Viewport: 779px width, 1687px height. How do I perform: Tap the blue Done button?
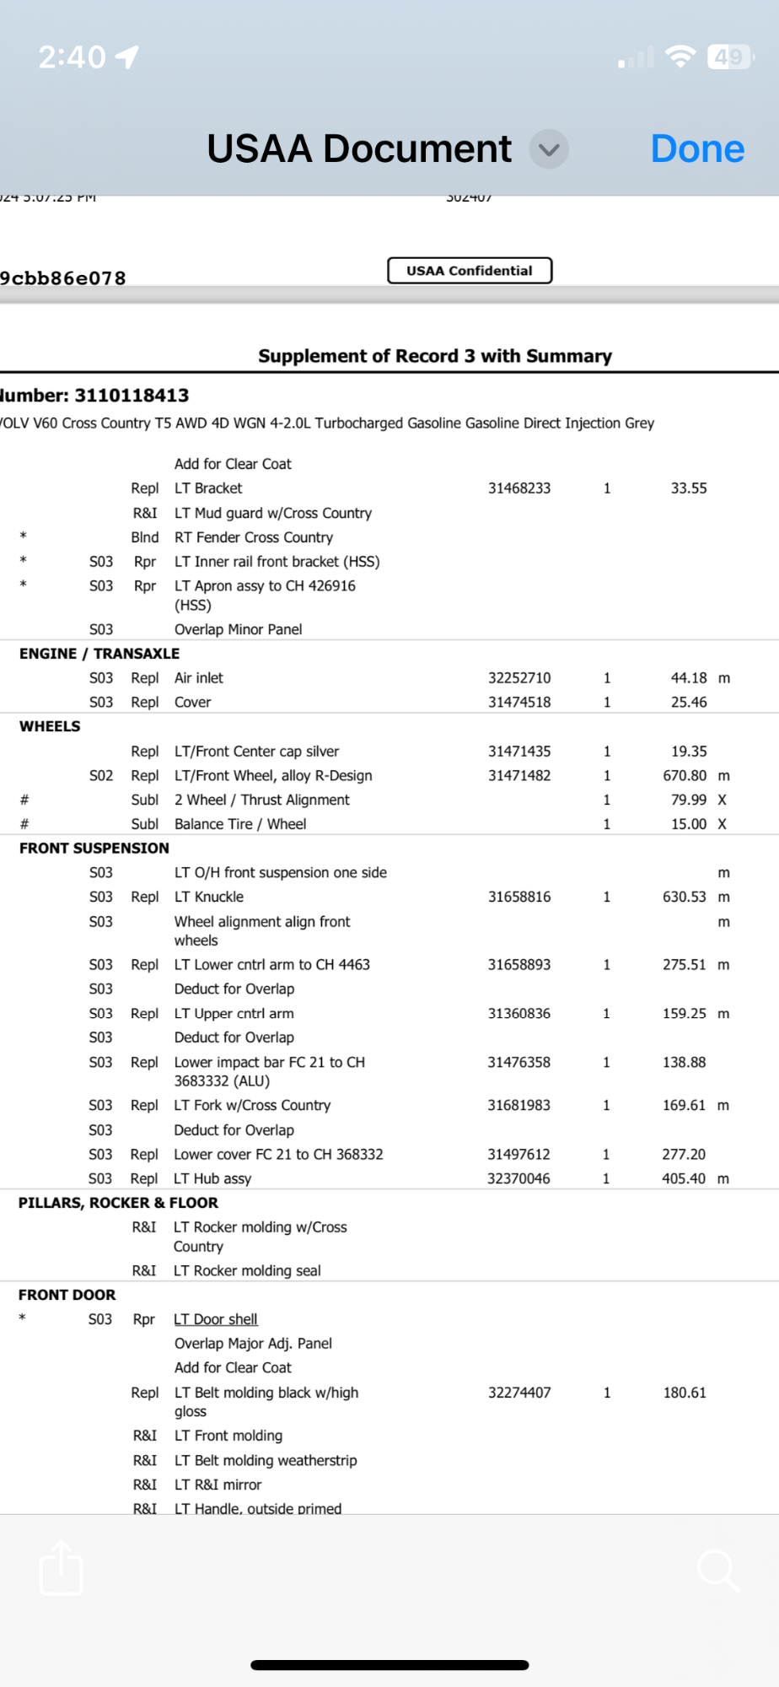[697, 149]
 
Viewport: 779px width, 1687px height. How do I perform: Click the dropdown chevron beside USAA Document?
[549, 149]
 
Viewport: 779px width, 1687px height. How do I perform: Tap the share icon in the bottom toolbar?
[62, 1568]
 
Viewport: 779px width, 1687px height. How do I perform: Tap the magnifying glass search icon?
[718, 1570]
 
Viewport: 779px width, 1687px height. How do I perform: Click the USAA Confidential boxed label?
[470, 271]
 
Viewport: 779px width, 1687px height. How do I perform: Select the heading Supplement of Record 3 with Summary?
[435, 356]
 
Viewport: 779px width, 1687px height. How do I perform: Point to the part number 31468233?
[519, 488]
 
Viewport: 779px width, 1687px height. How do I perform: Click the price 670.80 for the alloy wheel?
[685, 776]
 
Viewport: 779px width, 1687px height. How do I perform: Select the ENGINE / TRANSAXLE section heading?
[99, 654]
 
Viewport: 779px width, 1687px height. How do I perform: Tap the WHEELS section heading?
[51, 726]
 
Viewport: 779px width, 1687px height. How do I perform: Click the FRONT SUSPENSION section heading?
[94, 849]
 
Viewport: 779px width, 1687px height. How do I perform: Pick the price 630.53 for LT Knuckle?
[685, 897]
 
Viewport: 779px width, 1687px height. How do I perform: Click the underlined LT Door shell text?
[216, 1319]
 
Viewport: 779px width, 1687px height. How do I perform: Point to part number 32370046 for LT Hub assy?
[518, 1178]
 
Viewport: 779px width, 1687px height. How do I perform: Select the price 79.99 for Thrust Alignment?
[689, 800]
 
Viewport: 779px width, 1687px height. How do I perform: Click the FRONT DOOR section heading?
[67, 1295]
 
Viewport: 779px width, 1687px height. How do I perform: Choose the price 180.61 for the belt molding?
[685, 1393]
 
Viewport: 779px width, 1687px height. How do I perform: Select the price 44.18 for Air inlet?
[689, 678]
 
